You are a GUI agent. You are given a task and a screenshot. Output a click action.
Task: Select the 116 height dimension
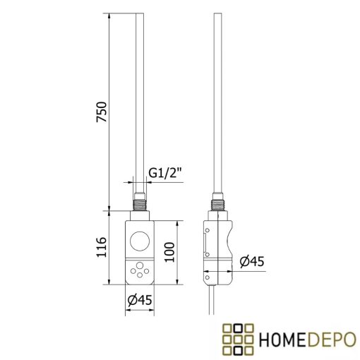[x=101, y=248]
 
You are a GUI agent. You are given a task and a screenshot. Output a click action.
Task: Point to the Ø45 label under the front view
[x=140, y=300]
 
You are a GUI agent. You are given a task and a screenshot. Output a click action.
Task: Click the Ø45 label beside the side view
[x=251, y=262]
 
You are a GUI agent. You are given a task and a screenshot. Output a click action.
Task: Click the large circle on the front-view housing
[x=140, y=241]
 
